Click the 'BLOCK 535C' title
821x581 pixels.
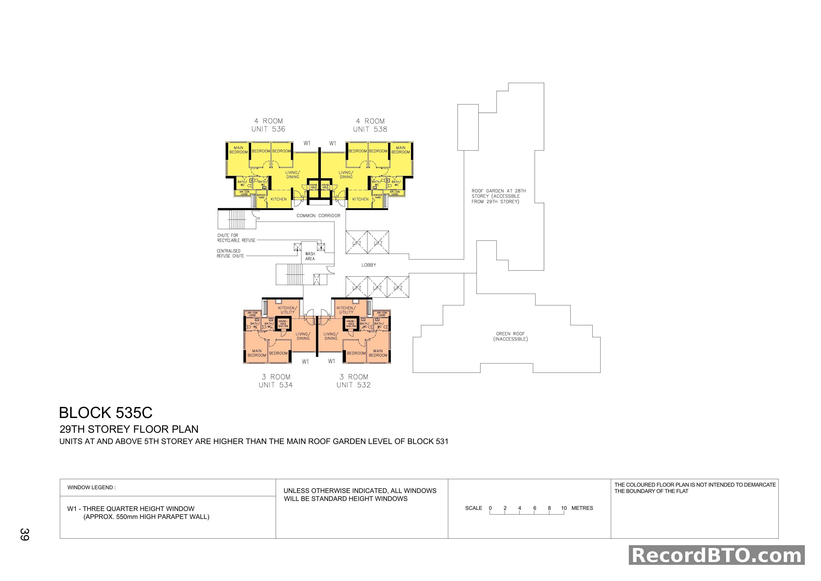tap(106, 413)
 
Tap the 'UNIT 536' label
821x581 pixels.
tap(268, 129)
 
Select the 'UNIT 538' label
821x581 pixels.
tap(370, 129)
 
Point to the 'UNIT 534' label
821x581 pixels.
tap(276, 385)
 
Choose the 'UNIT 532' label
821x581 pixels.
tap(353, 385)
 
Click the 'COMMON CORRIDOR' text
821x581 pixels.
tap(318, 216)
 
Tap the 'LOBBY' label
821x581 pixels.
tap(369, 265)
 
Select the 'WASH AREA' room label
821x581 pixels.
tap(310, 256)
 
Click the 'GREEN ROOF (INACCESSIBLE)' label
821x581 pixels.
tap(510, 336)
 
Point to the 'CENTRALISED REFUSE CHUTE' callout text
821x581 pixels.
tap(230, 253)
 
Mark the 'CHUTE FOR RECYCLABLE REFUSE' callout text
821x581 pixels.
tap(236, 238)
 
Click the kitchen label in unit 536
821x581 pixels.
tap(279, 199)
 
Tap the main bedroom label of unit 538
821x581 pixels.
tap(400, 150)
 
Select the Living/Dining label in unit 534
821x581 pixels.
tap(303, 336)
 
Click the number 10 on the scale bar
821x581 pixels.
tap(564, 508)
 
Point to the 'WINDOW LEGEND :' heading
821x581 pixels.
tap(92, 487)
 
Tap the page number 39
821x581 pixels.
tap(25, 534)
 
